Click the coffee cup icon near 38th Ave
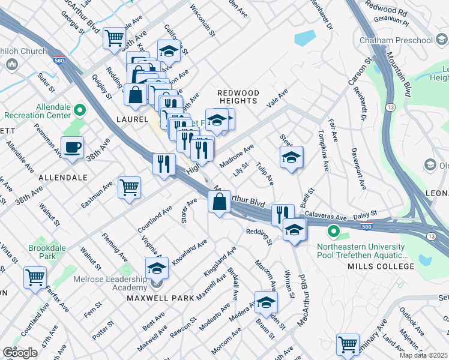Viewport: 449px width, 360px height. pyautogui.click(x=72, y=148)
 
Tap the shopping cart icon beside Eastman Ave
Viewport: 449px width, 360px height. pyautogui.click(x=130, y=188)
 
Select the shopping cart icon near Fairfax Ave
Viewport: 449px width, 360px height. pyautogui.click(x=35, y=277)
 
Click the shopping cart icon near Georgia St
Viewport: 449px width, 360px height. pyautogui.click(x=114, y=38)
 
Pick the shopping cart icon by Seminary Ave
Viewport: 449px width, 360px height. pyautogui.click(x=348, y=344)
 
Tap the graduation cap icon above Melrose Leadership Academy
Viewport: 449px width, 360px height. pyautogui.click(x=157, y=268)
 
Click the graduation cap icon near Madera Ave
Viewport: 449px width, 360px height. pyautogui.click(x=266, y=303)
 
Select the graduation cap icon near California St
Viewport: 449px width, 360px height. pyautogui.click(x=169, y=51)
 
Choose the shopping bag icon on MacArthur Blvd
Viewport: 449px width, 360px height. pyautogui.click(x=220, y=202)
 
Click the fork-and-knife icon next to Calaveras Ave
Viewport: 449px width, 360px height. pyautogui.click(x=282, y=214)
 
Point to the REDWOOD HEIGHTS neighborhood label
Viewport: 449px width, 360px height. pyautogui.click(x=238, y=97)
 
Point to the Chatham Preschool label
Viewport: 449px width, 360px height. pyautogui.click(x=396, y=41)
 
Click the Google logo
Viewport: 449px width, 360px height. pyautogui.click(x=20, y=353)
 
